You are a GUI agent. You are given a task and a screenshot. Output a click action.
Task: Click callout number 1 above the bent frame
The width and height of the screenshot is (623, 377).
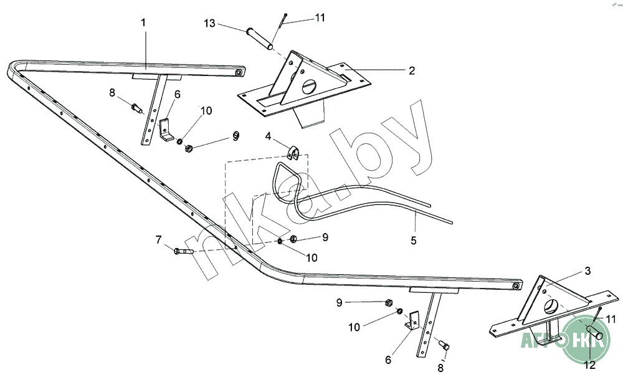click(x=143, y=22)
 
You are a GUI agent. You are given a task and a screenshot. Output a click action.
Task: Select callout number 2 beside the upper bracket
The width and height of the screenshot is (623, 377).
click(x=412, y=70)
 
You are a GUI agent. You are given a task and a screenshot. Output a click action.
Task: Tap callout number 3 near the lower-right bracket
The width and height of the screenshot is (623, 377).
click(x=587, y=271)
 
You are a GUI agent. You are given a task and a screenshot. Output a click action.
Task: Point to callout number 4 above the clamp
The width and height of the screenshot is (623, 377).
click(x=268, y=136)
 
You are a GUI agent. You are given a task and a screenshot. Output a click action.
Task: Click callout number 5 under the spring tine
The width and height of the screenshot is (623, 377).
click(x=414, y=239)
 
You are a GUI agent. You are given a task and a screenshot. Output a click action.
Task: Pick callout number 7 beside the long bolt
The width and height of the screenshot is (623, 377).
click(x=158, y=239)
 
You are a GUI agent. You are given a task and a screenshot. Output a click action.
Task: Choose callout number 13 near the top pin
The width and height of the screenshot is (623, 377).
click(x=209, y=24)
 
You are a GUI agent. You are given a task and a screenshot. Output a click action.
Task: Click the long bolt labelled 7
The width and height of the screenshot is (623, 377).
click(x=183, y=251)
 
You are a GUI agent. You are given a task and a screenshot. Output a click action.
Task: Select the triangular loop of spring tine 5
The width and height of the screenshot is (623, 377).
click(x=289, y=177)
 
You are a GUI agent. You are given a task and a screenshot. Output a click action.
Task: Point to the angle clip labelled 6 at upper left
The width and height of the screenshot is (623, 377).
click(x=166, y=130)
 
